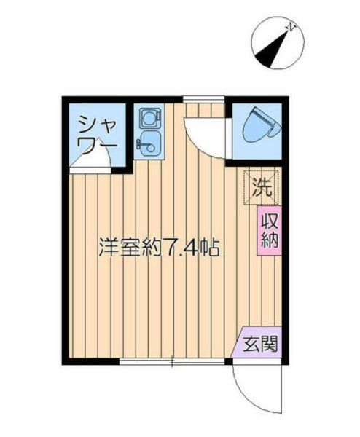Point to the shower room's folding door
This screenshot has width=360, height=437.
(x=93, y=165)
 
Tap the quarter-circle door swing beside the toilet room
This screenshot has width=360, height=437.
(x=200, y=135)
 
